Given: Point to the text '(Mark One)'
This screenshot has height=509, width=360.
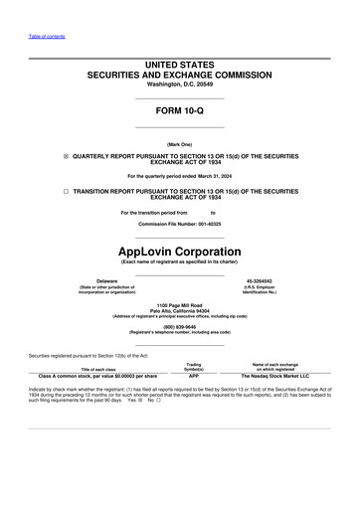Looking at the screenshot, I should click(179, 143).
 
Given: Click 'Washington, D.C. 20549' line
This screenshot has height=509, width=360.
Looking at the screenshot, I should click(179, 84).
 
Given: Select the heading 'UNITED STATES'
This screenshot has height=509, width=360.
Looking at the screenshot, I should click(179, 65).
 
